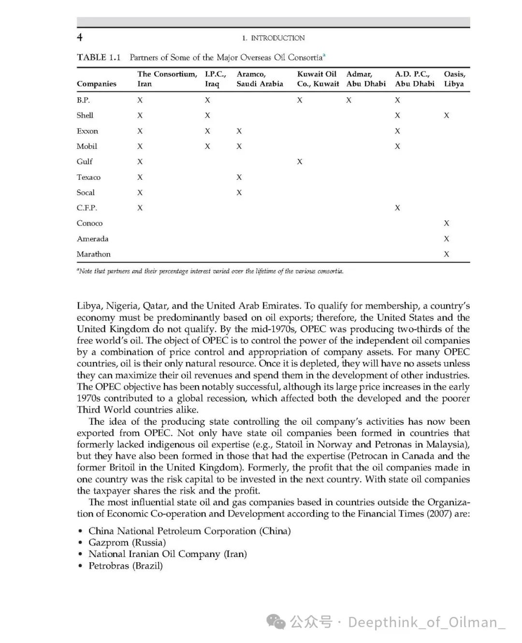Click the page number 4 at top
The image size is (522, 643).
[x=80, y=38]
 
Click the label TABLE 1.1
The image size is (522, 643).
[x=99, y=57]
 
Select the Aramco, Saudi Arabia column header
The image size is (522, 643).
[x=260, y=79]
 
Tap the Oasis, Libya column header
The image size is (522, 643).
[x=454, y=79]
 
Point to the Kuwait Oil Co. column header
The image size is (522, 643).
[x=318, y=79]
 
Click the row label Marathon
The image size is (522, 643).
[x=93, y=254]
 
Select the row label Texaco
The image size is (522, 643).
[x=88, y=177]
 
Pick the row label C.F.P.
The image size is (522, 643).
[x=87, y=208]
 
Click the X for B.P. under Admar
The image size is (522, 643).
[x=349, y=100]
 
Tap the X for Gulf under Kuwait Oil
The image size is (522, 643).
[x=300, y=162]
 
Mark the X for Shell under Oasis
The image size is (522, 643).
[x=447, y=115]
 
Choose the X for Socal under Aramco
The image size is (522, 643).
[x=239, y=193]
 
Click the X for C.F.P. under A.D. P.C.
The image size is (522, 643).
[x=397, y=208]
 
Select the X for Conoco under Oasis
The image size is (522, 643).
[x=447, y=223]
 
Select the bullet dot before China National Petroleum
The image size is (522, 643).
[x=81, y=531]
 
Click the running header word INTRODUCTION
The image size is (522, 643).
[x=278, y=38]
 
